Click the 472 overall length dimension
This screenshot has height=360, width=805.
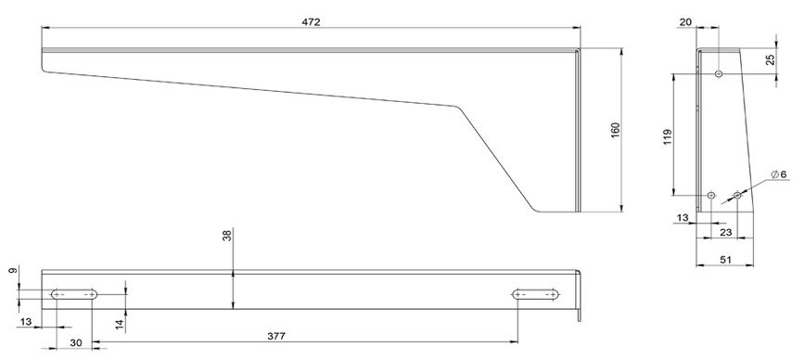tap(312, 22)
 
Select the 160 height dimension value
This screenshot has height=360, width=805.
tap(616, 129)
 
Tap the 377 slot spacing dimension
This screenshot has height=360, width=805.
tap(276, 337)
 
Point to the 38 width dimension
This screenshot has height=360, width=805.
tap(227, 236)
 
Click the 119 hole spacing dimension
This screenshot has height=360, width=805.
tap(668, 137)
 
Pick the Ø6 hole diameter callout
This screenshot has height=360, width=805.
tap(779, 174)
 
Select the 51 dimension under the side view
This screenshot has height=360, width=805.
tap(725, 260)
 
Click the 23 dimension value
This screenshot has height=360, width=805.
tap(725, 232)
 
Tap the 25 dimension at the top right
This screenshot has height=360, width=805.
tap(770, 59)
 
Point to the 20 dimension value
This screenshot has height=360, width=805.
tap(685, 21)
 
